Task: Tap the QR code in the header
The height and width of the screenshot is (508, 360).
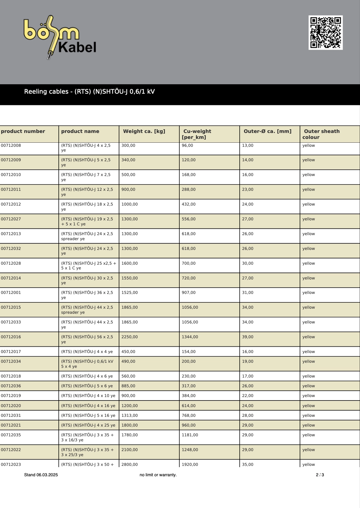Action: click(325, 32)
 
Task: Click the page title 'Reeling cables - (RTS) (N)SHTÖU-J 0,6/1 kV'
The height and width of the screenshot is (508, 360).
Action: click(90, 91)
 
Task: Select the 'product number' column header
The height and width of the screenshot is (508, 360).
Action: click(23, 131)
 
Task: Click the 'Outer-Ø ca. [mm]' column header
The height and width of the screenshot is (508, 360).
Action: click(267, 131)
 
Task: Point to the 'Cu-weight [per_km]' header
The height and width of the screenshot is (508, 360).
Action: click(197, 134)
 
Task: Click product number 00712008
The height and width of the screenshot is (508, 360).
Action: click(11, 146)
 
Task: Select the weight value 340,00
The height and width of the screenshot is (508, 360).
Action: click(128, 160)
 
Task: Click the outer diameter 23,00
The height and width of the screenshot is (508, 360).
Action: click(248, 190)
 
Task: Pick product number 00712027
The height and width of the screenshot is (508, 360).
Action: click(11, 219)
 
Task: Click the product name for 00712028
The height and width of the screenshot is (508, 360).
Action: click(89, 266)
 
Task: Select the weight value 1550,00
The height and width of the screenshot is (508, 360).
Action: click(129, 278)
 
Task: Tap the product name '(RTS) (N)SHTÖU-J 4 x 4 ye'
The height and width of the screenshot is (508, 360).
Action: click(87, 352)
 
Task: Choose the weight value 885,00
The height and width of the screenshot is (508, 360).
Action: click(128, 386)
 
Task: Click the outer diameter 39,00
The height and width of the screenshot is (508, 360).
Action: click(248, 337)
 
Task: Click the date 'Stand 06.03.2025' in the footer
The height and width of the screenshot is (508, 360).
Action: click(41, 475)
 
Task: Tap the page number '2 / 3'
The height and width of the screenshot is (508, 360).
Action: click(320, 475)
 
